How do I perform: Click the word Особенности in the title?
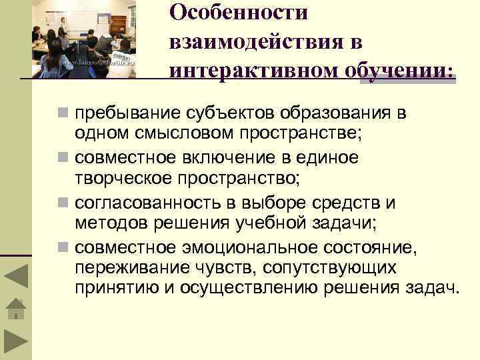(x=238, y=13)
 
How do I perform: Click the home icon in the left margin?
(x=16, y=310)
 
